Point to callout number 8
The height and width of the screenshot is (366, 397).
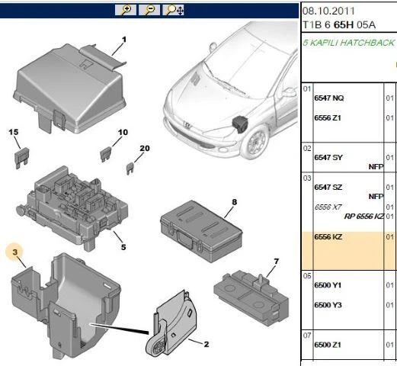coord(235,201)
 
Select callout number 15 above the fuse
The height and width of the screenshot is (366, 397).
coord(13,133)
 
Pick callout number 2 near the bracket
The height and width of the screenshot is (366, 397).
coord(205,344)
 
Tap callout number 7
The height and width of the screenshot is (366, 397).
coord(277,263)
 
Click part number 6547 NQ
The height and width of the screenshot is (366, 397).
coord(328,98)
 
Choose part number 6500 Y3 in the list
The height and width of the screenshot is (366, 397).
coord(328,306)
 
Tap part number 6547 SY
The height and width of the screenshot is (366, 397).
coord(328,157)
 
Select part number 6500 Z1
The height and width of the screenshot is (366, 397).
coord(328,345)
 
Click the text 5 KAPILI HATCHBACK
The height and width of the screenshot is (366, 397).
coord(349,43)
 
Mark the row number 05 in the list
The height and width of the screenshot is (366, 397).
coord(308,275)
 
